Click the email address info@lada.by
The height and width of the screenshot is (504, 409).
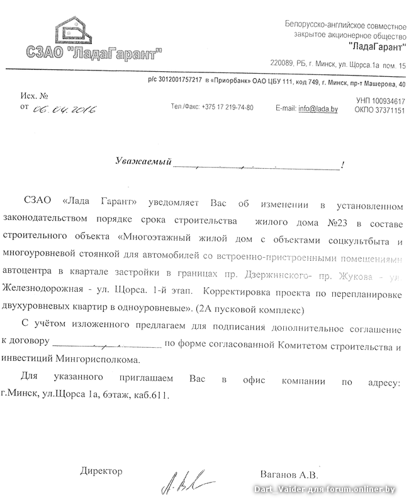318,108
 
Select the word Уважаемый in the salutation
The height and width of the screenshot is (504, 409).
144,162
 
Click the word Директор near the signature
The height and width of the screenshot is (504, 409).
101,471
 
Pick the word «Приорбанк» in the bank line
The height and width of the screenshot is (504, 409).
232,82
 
